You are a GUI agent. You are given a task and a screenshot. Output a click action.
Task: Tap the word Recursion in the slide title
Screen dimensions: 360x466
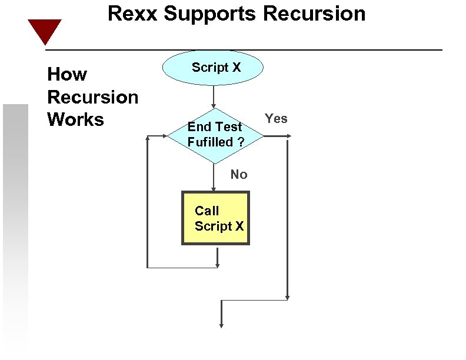coord(317,14)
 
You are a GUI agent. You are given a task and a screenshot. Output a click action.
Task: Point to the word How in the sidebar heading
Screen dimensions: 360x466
coord(67,75)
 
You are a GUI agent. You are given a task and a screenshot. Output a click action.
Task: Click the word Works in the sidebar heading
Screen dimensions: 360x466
coord(75,119)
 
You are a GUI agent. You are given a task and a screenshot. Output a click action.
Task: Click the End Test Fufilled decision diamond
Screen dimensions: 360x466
coord(215,136)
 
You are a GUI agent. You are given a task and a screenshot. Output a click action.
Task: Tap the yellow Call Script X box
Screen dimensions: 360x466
coord(215,218)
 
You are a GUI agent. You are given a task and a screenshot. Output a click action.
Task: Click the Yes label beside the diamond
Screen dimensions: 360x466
coord(276,119)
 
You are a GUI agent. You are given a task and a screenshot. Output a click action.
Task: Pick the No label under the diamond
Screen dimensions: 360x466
coord(239,174)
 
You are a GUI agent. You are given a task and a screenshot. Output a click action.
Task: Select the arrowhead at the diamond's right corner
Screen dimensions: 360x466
coord(288,136)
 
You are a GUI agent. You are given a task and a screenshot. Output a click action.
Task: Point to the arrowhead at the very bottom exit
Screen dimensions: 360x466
coord(221,324)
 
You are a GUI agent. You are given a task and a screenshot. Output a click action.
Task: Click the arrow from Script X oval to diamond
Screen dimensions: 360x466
coord(214,96)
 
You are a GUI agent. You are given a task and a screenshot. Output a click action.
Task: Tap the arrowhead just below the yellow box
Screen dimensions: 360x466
coord(217,265)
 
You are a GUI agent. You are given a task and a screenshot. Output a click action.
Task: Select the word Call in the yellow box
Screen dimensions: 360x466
coord(207,211)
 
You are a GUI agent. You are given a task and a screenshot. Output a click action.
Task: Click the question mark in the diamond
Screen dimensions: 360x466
coord(241,142)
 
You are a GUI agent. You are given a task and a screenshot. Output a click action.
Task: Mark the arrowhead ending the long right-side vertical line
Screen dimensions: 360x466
coord(287,296)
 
